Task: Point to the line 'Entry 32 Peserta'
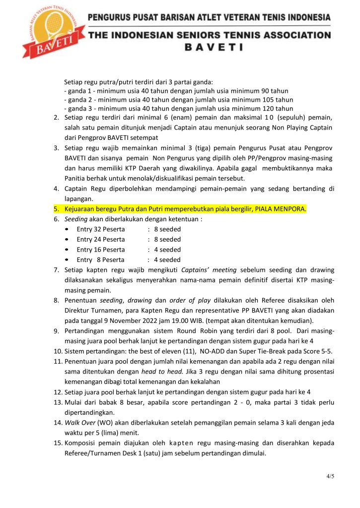101,229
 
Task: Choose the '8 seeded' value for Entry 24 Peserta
167,240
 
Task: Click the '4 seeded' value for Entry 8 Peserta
167,259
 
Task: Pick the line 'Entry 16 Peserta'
101,250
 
